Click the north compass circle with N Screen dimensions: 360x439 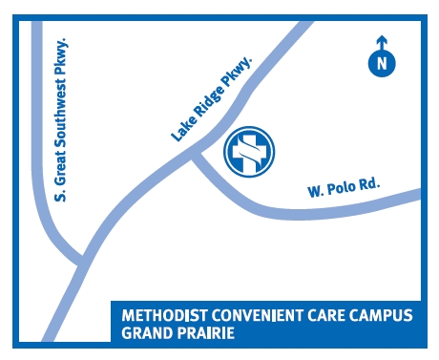coord(381,63)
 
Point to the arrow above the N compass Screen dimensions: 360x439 coord(381,43)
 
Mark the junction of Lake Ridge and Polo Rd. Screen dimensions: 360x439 coord(194,153)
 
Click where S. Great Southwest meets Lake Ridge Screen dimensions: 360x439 coord(84,260)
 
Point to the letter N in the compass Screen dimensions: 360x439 coord(381,64)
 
